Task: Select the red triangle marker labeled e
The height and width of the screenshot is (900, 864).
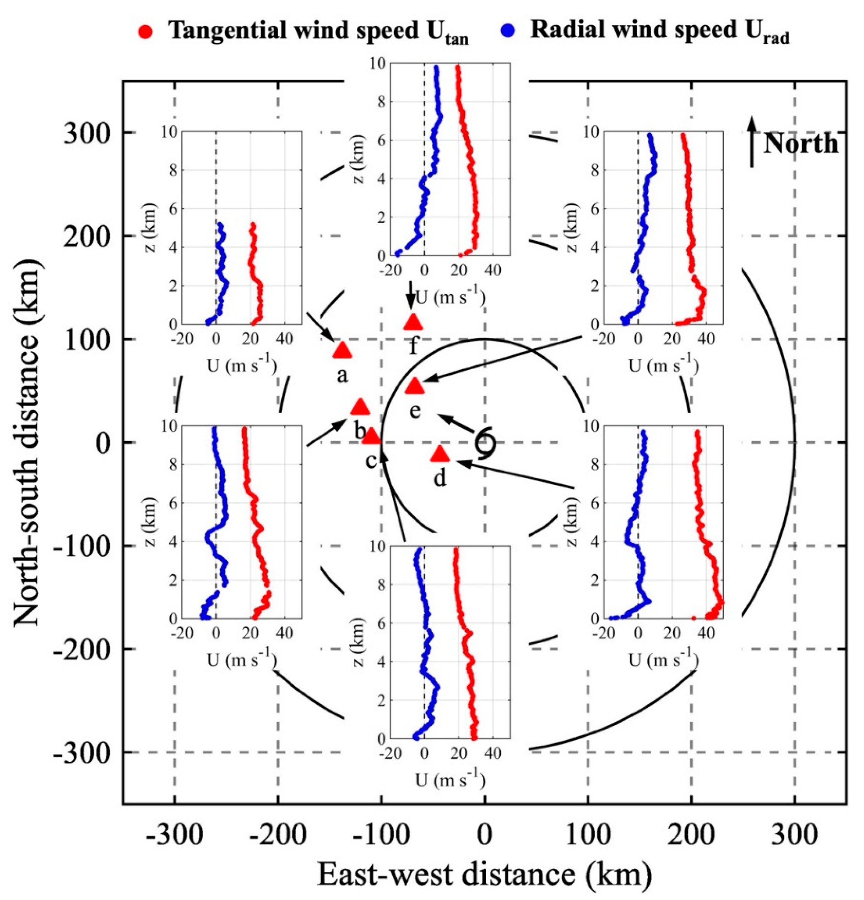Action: (x=415, y=386)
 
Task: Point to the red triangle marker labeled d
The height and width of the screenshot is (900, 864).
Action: (x=440, y=454)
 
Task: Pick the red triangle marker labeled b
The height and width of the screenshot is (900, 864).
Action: (x=360, y=406)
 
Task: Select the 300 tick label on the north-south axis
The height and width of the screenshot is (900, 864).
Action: (x=87, y=134)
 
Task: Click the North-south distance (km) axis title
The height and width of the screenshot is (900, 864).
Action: (x=29, y=443)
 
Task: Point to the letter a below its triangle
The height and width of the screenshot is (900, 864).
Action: (x=342, y=375)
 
